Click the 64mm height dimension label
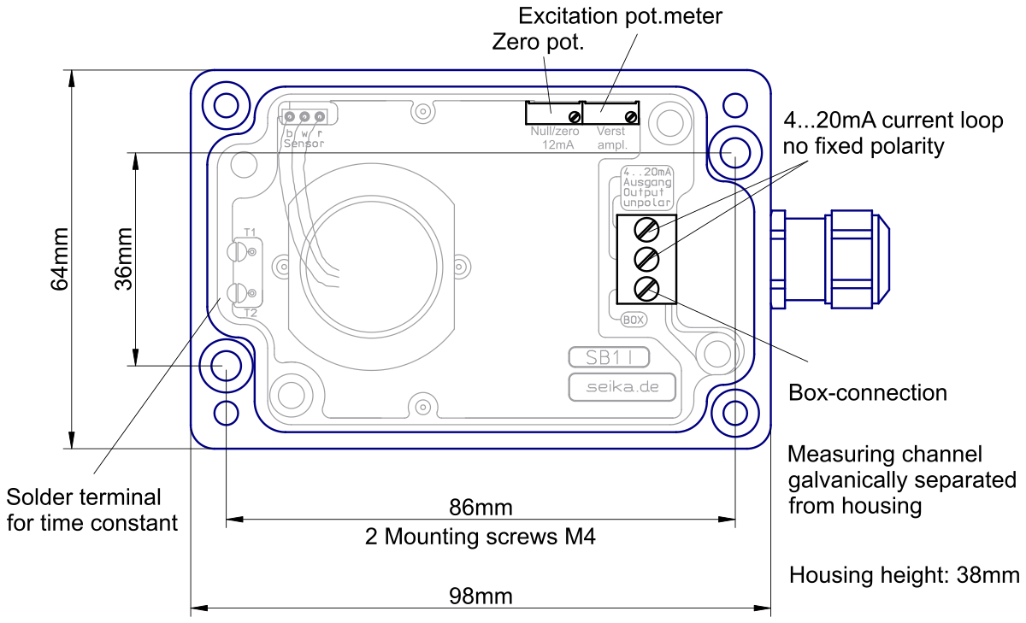pyautogui.click(x=60, y=259)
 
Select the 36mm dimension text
pyautogui.click(x=124, y=259)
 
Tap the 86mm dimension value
pyautogui.click(x=481, y=507)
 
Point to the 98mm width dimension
pyautogui.click(x=481, y=596)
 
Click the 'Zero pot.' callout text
pyautogui.click(x=538, y=42)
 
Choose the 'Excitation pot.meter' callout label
pyautogui.click(x=620, y=16)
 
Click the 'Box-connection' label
pyautogui.click(x=868, y=393)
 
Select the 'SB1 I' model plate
pyautogui.click(x=609, y=357)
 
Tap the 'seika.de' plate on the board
pyautogui.click(x=622, y=387)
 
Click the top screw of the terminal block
pyautogui.click(x=646, y=229)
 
